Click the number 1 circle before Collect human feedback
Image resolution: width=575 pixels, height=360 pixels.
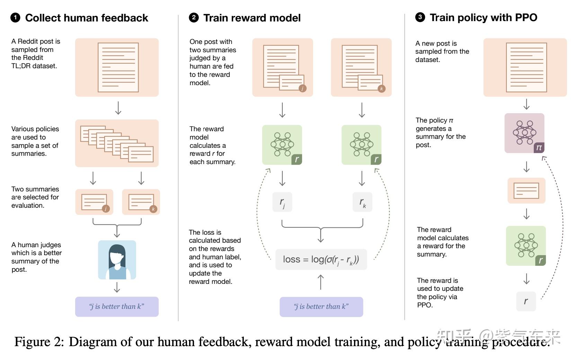15,18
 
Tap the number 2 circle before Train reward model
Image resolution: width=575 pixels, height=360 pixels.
194,18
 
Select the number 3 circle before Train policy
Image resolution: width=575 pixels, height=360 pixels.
420,17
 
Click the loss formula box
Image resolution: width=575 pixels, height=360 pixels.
321,259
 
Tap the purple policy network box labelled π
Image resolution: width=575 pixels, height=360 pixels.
524,133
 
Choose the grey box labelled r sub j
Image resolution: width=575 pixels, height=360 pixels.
282,202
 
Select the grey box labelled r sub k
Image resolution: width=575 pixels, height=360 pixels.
362,202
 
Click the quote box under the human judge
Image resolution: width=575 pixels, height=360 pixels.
117,307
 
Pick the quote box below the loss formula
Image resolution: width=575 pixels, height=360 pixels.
321,307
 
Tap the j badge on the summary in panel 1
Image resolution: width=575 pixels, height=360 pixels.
106,208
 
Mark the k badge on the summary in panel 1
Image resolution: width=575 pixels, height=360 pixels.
153,209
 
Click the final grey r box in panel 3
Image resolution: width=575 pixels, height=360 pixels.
526,301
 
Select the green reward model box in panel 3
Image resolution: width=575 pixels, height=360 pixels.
525,246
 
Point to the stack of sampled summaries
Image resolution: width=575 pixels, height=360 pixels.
117,143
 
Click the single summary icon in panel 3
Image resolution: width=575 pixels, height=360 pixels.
526,191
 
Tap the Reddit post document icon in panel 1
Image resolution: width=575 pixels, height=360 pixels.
118,67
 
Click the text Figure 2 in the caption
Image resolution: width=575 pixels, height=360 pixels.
39,342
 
